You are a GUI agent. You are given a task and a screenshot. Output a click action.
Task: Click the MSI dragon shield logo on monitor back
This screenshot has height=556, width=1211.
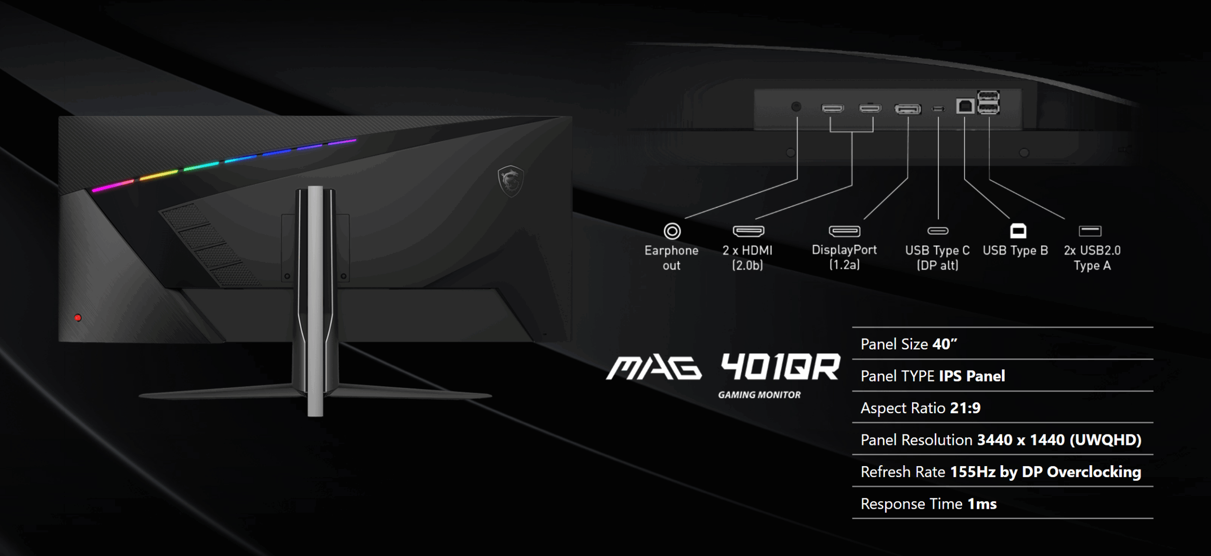[510, 181]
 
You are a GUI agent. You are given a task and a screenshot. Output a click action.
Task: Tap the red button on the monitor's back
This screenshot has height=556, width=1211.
[78, 318]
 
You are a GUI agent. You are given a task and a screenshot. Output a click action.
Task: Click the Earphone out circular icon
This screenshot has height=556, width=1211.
[672, 231]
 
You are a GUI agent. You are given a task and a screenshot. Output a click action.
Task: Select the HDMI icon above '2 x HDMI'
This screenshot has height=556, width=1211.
[748, 231]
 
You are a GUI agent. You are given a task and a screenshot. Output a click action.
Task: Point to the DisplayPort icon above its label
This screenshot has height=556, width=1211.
[844, 231]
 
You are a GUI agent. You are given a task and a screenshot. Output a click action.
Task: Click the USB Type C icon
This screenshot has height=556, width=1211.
[938, 231]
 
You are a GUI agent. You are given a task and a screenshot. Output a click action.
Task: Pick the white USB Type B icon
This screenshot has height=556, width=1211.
[1018, 231]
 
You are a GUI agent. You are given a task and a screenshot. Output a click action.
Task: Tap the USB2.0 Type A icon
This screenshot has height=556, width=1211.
[1090, 231]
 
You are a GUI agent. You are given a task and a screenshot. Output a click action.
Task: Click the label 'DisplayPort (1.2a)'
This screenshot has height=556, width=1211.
[844, 257]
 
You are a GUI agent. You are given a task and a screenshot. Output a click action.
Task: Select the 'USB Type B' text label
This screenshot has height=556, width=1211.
[1015, 250]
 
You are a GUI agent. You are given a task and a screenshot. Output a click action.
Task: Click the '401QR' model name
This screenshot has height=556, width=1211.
[781, 367]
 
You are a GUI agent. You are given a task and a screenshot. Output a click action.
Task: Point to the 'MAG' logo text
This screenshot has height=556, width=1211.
[654, 368]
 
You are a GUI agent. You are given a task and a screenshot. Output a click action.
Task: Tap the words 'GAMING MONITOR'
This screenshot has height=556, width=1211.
[759, 395]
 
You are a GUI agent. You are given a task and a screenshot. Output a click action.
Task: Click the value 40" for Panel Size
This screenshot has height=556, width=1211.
[945, 344]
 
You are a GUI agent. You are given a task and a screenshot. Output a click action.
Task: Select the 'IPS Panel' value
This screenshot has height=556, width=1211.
[972, 376]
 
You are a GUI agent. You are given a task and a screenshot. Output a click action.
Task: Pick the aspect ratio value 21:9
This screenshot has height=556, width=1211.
[965, 408]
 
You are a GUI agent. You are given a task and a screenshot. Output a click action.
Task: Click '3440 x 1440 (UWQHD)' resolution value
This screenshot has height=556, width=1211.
[1060, 440]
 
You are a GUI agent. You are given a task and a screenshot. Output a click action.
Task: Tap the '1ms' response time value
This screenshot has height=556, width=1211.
[982, 504]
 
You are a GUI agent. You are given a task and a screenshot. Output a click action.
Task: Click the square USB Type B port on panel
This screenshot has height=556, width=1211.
[965, 106]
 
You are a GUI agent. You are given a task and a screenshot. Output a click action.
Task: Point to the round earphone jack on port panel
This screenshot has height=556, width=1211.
[796, 107]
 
